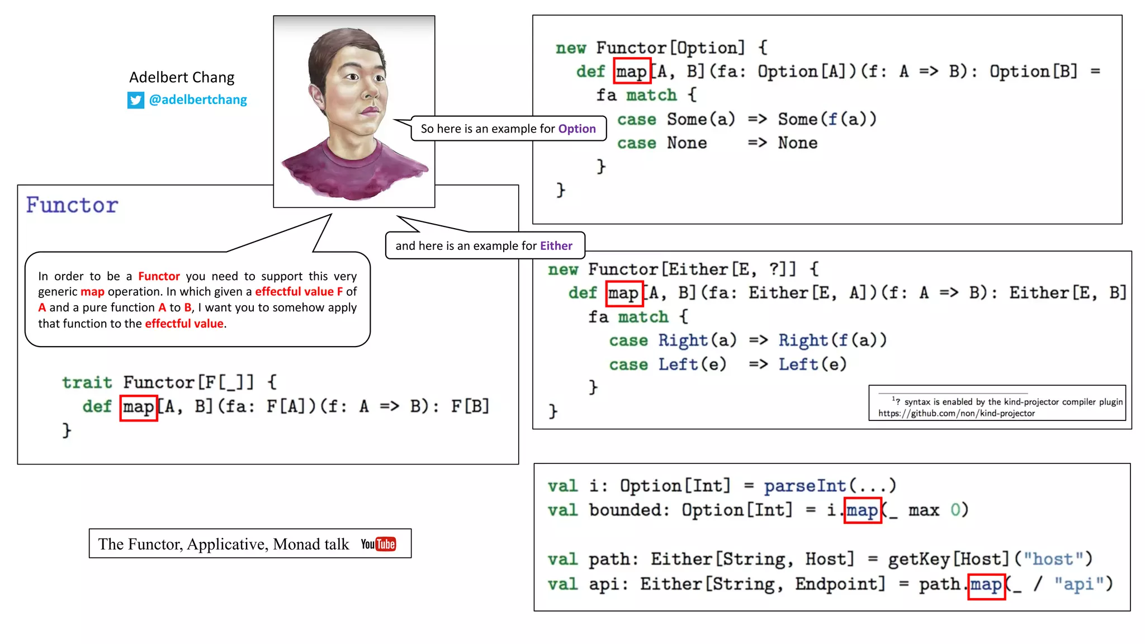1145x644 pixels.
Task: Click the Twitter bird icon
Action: click(x=135, y=100)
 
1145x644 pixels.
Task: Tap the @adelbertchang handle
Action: click(x=197, y=100)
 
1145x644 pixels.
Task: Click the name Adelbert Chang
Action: click(x=182, y=77)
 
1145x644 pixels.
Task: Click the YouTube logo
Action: click(x=378, y=544)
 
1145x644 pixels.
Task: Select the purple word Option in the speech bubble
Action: click(x=577, y=129)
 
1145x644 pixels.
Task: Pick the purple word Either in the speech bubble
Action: click(x=556, y=246)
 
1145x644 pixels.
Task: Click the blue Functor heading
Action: click(x=72, y=205)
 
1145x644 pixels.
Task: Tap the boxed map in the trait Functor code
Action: click(x=139, y=406)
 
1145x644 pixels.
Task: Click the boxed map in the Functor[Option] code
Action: click(x=632, y=72)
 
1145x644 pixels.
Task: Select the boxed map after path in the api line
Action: click(x=986, y=585)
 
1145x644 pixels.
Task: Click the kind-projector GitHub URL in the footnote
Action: click(x=956, y=413)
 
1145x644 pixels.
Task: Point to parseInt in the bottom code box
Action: click(x=805, y=486)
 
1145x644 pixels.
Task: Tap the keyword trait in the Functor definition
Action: click(x=87, y=382)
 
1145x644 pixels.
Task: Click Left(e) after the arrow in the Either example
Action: click(x=812, y=364)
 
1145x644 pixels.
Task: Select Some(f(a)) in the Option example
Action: click(x=827, y=119)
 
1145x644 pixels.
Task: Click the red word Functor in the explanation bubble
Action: click(x=159, y=276)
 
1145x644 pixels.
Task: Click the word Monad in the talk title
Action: click(x=297, y=544)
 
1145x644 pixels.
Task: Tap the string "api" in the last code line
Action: click(x=1078, y=584)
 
